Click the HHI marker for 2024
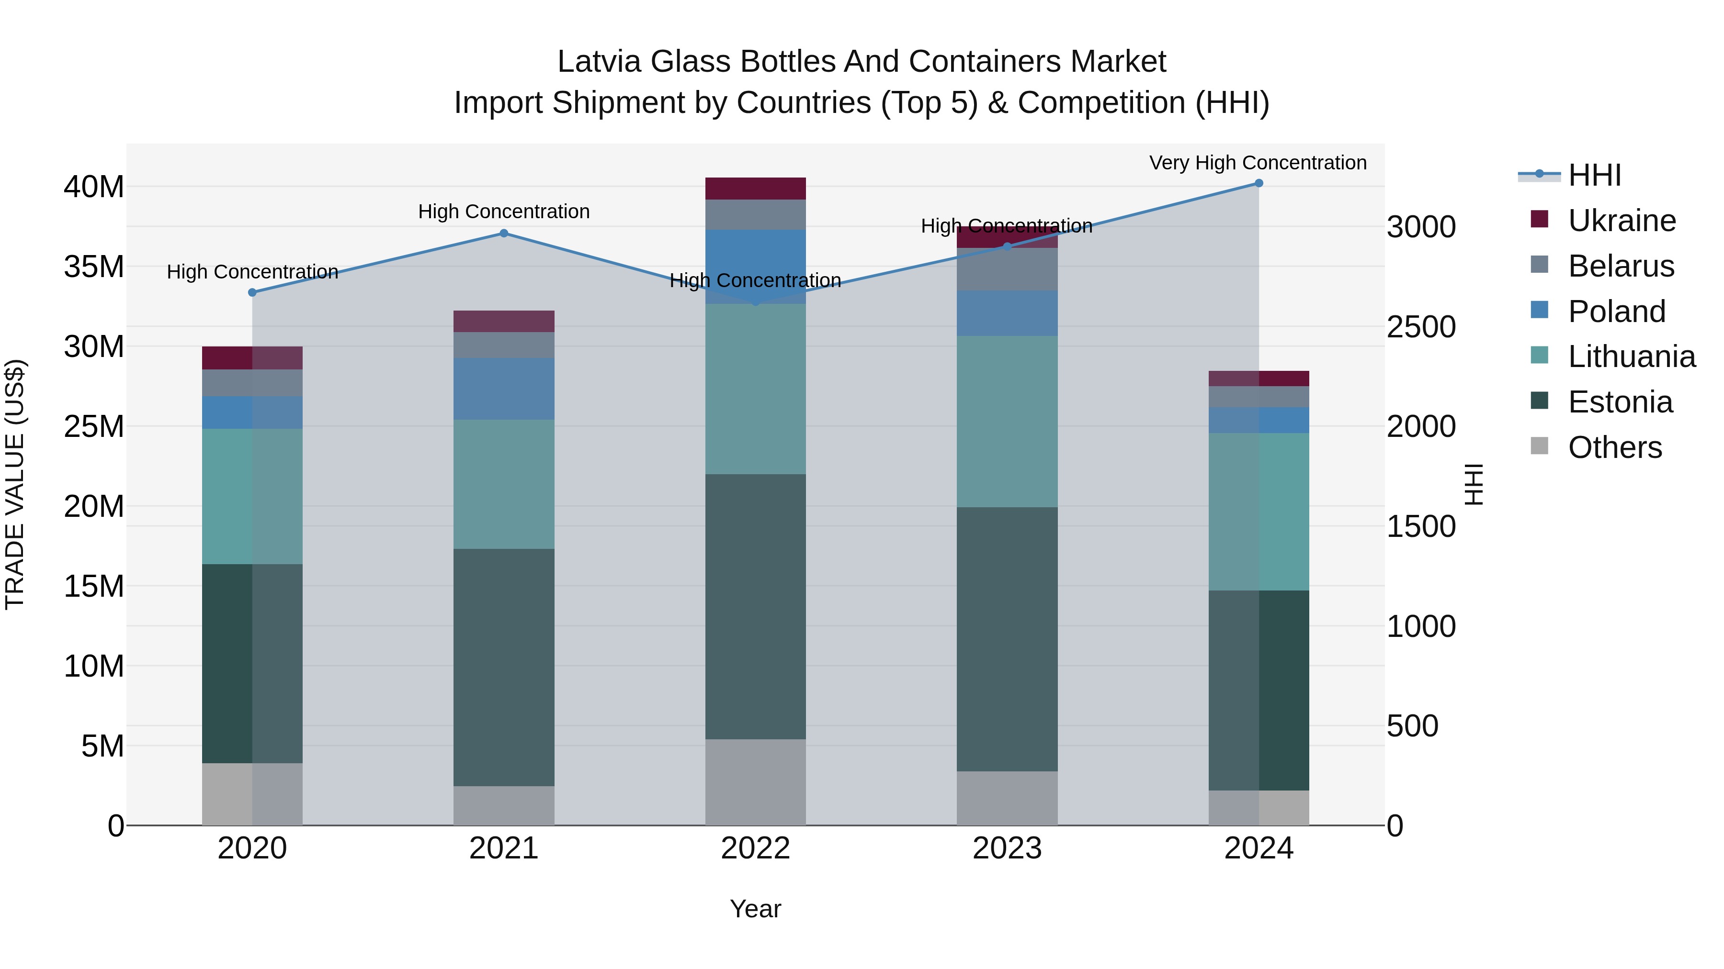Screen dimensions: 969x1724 (1258, 183)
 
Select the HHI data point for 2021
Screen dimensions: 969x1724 (504, 234)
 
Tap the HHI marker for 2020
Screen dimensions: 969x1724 (252, 292)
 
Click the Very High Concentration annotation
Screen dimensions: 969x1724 (1258, 163)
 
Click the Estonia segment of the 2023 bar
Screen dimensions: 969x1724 (1007, 639)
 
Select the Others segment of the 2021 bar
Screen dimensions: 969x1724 (504, 805)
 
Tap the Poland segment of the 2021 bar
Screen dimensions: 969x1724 (504, 389)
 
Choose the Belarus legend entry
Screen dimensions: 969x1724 (1621, 266)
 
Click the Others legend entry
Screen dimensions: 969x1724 (1615, 447)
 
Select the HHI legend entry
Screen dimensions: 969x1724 (1594, 175)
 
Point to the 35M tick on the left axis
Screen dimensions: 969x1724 (94, 267)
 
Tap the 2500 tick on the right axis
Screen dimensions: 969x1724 (1421, 327)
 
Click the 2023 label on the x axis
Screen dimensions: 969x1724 (1007, 848)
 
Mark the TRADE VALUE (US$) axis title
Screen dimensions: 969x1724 (15, 484)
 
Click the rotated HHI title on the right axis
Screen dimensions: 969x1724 (1474, 484)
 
